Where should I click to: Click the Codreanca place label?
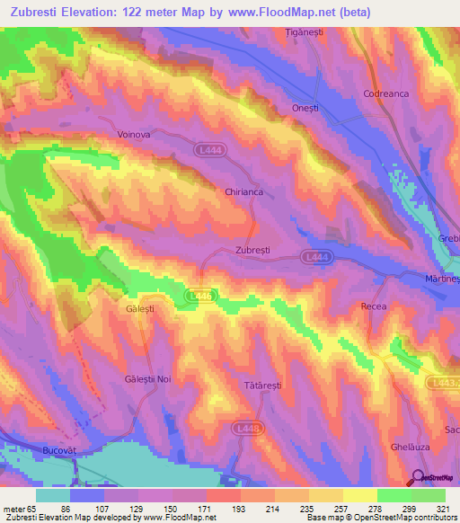click(385, 93)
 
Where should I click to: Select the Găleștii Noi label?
click(147, 379)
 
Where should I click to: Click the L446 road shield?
click(200, 295)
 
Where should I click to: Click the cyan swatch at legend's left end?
click(53, 495)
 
